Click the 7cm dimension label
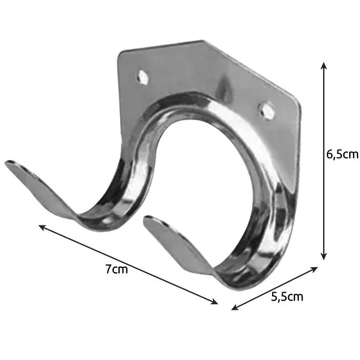coord(117,269)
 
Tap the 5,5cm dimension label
coord(287,297)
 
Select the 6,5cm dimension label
coord(342,154)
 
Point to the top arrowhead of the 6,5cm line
coord(324,65)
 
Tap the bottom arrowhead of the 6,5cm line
coord(324,256)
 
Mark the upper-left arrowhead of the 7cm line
coord(42,227)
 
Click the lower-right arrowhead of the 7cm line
coord(215,301)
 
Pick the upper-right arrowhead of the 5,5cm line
coord(314,269)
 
